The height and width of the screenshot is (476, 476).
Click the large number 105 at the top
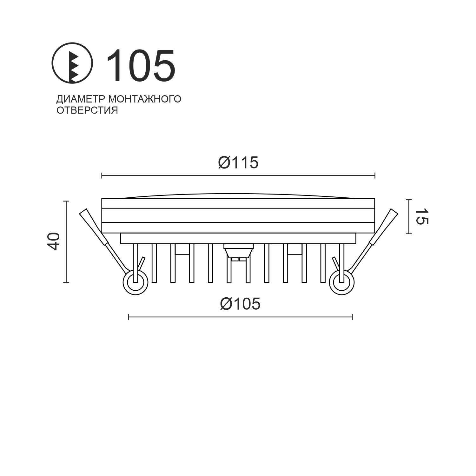pyautogui.click(x=141, y=65)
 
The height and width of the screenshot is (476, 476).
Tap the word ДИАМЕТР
pyautogui.click(x=81, y=99)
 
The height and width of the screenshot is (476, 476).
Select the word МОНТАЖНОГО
pyautogui.click(x=145, y=99)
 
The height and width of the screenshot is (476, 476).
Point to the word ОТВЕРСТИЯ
pyautogui.click(x=87, y=110)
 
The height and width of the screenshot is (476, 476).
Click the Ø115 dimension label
pyautogui.click(x=238, y=163)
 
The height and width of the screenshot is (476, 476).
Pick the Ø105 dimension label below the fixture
pyautogui.click(x=240, y=304)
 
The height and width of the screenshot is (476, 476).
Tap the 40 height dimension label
pyautogui.click(x=54, y=241)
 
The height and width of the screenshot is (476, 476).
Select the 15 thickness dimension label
pyautogui.click(x=422, y=217)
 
